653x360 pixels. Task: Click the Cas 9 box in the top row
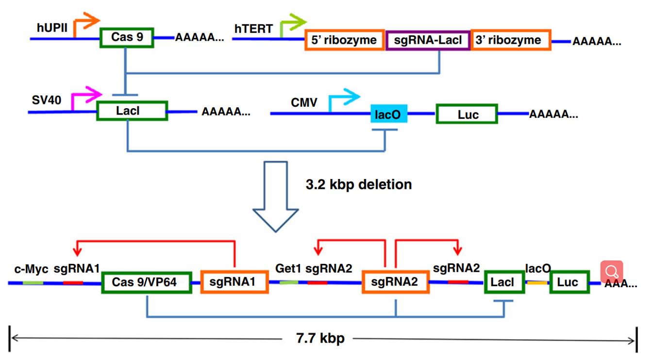click(x=127, y=37)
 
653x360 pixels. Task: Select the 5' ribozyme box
click(x=344, y=40)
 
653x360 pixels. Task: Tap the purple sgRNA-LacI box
click(x=428, y=40)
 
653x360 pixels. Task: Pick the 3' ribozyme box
click(x=511, y=40)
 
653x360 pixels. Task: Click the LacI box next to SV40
click(x=132, y=111)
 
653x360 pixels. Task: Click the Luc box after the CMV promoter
click(x=467, y=115)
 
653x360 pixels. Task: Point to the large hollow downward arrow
click(x=276, y=196)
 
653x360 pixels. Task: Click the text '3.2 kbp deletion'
click(x=359, y=185)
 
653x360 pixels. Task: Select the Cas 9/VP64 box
click(x=146, y=282)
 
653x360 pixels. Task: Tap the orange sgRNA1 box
click(x=234, y=282)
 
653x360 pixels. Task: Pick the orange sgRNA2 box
click(x=396, y=282)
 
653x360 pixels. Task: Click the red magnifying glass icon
click(x=612, y=272)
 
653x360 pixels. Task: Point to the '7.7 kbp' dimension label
click(x=320, y=338)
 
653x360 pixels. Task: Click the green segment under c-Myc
click(x=33, y=282)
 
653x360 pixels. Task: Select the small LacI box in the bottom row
click(x=504, y=282)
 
